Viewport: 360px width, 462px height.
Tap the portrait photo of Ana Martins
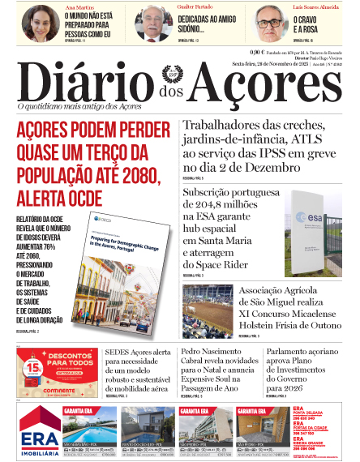[41, 23]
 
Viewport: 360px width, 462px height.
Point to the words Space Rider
[216, 264]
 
